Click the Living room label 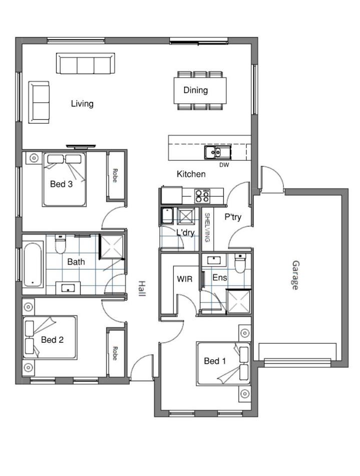pos(82,104)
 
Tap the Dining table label pos(196,90)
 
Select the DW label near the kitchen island pos(224,165)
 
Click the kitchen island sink pos(217,152)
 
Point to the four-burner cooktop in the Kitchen pos(202,196)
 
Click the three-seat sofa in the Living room pos(86,64)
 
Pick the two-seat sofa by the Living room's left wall pos(39,102)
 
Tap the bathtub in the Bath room pos(33,264)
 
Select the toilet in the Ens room pos(240,264)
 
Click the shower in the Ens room pos(239,302)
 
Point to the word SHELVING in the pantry pos(207,227)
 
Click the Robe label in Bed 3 pos(115,175)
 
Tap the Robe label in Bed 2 pos(115,353)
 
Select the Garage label pos(295,275)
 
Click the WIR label pos(185,279)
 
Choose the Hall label pos(142,289)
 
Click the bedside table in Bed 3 pos(34,158)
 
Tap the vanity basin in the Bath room pos(68,288)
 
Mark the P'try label pos(233,217)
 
